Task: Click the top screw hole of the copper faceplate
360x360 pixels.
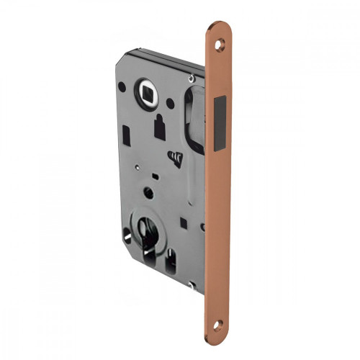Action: (220, 43)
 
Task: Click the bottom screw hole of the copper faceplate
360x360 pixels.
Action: (220, 322)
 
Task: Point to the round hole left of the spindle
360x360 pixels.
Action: (122, 87)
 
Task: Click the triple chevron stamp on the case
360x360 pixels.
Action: (175, 156)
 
